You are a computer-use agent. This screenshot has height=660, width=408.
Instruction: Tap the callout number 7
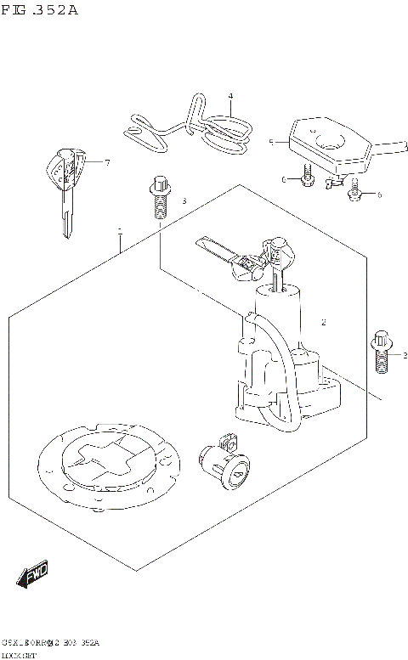point(108,161)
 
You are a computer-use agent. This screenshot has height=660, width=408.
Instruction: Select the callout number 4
point(229,96)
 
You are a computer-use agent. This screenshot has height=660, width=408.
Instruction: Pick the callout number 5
point(270,143)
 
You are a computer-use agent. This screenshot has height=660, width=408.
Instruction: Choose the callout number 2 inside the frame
point(324,323)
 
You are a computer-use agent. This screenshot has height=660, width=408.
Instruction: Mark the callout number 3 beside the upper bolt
point(183,201)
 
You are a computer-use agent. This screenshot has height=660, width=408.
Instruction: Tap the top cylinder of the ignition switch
point(280,306)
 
